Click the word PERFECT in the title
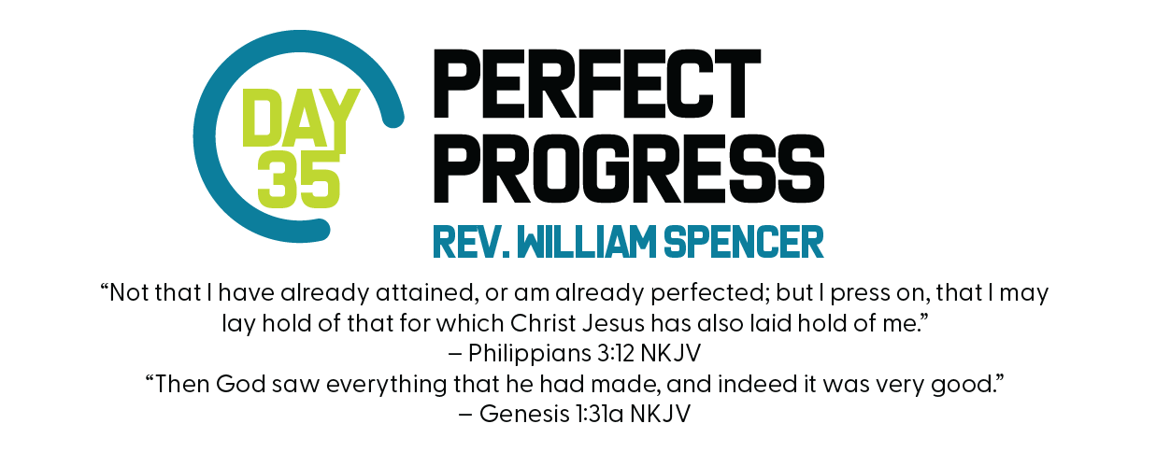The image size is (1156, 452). coord(596,84)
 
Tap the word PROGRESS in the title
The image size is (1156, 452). coord(629,168)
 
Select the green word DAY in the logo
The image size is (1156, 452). coord(301,119)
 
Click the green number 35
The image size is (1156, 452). coord(299,180)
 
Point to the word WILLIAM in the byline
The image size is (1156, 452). coord(586,242)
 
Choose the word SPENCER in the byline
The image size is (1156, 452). coord(744,242)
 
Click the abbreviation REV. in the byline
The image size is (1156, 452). coord(471,242)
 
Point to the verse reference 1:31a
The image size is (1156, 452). coord(600,414)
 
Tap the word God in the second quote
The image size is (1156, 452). coord(240,384)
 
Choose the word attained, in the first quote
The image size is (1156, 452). coord(424,293)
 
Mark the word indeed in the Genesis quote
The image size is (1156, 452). coord(757,384)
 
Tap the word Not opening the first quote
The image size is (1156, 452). coord(129,293)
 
